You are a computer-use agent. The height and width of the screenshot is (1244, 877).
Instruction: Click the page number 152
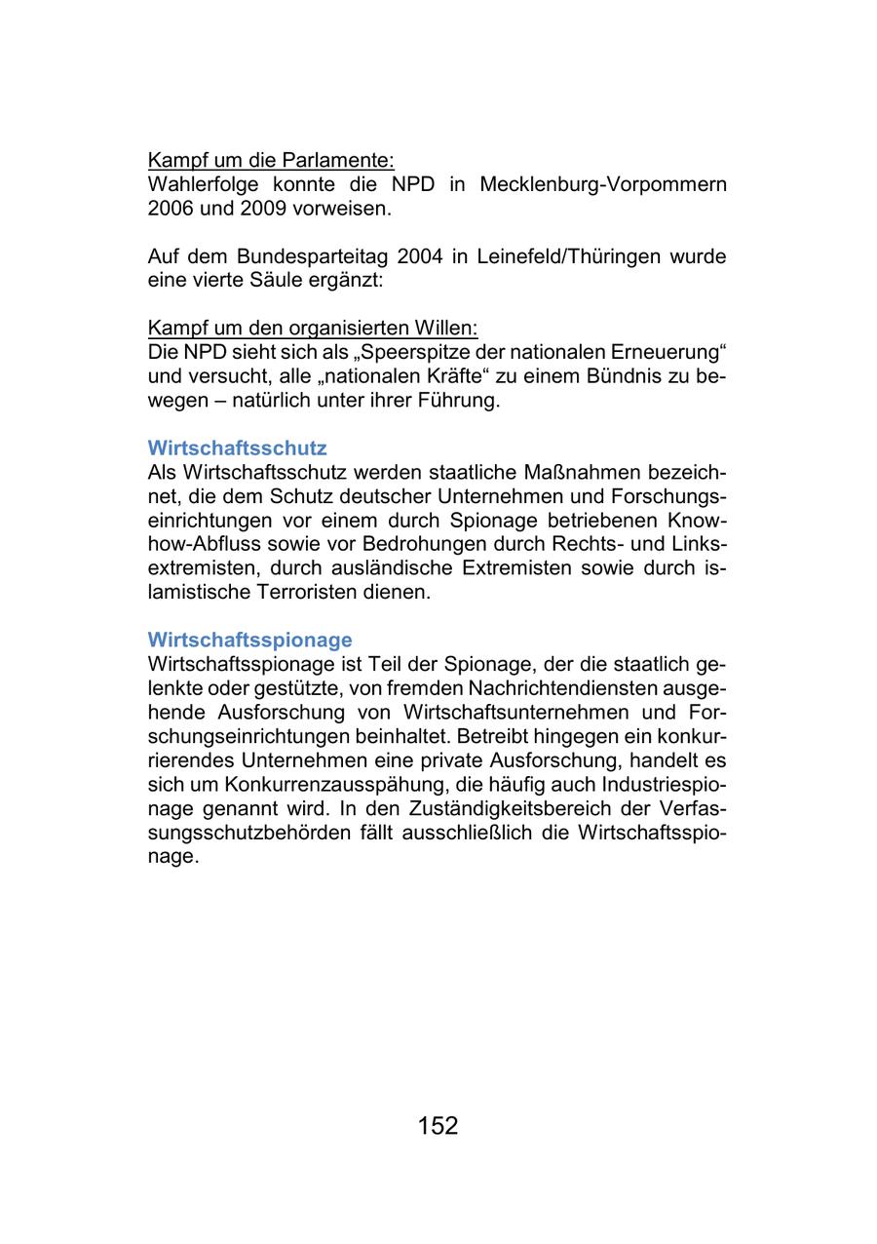coord(438,1126)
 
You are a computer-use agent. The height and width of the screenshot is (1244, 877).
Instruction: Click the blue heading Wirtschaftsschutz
coord(237,448)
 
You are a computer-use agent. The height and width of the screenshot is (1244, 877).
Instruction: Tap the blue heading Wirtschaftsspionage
coord(249,640)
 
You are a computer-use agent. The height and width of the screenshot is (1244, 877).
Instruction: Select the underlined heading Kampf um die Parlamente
coord(270,160)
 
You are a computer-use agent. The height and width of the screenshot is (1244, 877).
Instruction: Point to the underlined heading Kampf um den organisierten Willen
coord(312,329)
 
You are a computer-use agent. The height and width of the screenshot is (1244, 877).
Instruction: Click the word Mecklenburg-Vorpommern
coord(603,184)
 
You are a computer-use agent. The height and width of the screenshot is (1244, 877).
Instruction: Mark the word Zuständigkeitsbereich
coord(525,808)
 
